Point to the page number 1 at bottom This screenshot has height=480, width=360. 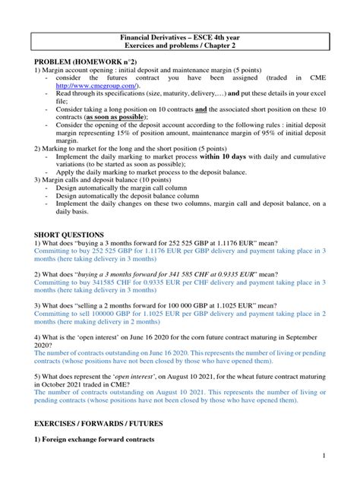324,455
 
